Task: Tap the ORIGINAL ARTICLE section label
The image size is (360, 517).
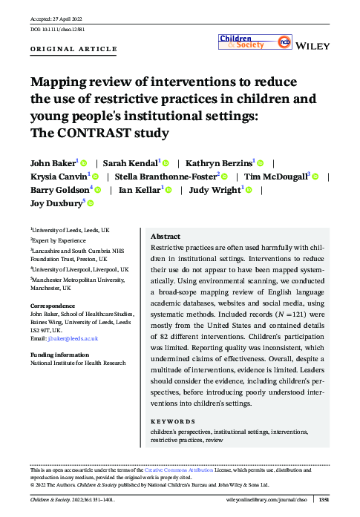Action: [73, 49]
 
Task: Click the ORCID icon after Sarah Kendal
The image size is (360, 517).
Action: [166, 162]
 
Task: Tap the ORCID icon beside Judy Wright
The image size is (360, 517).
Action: [250, 190]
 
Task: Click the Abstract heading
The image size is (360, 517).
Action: [165, 236]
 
